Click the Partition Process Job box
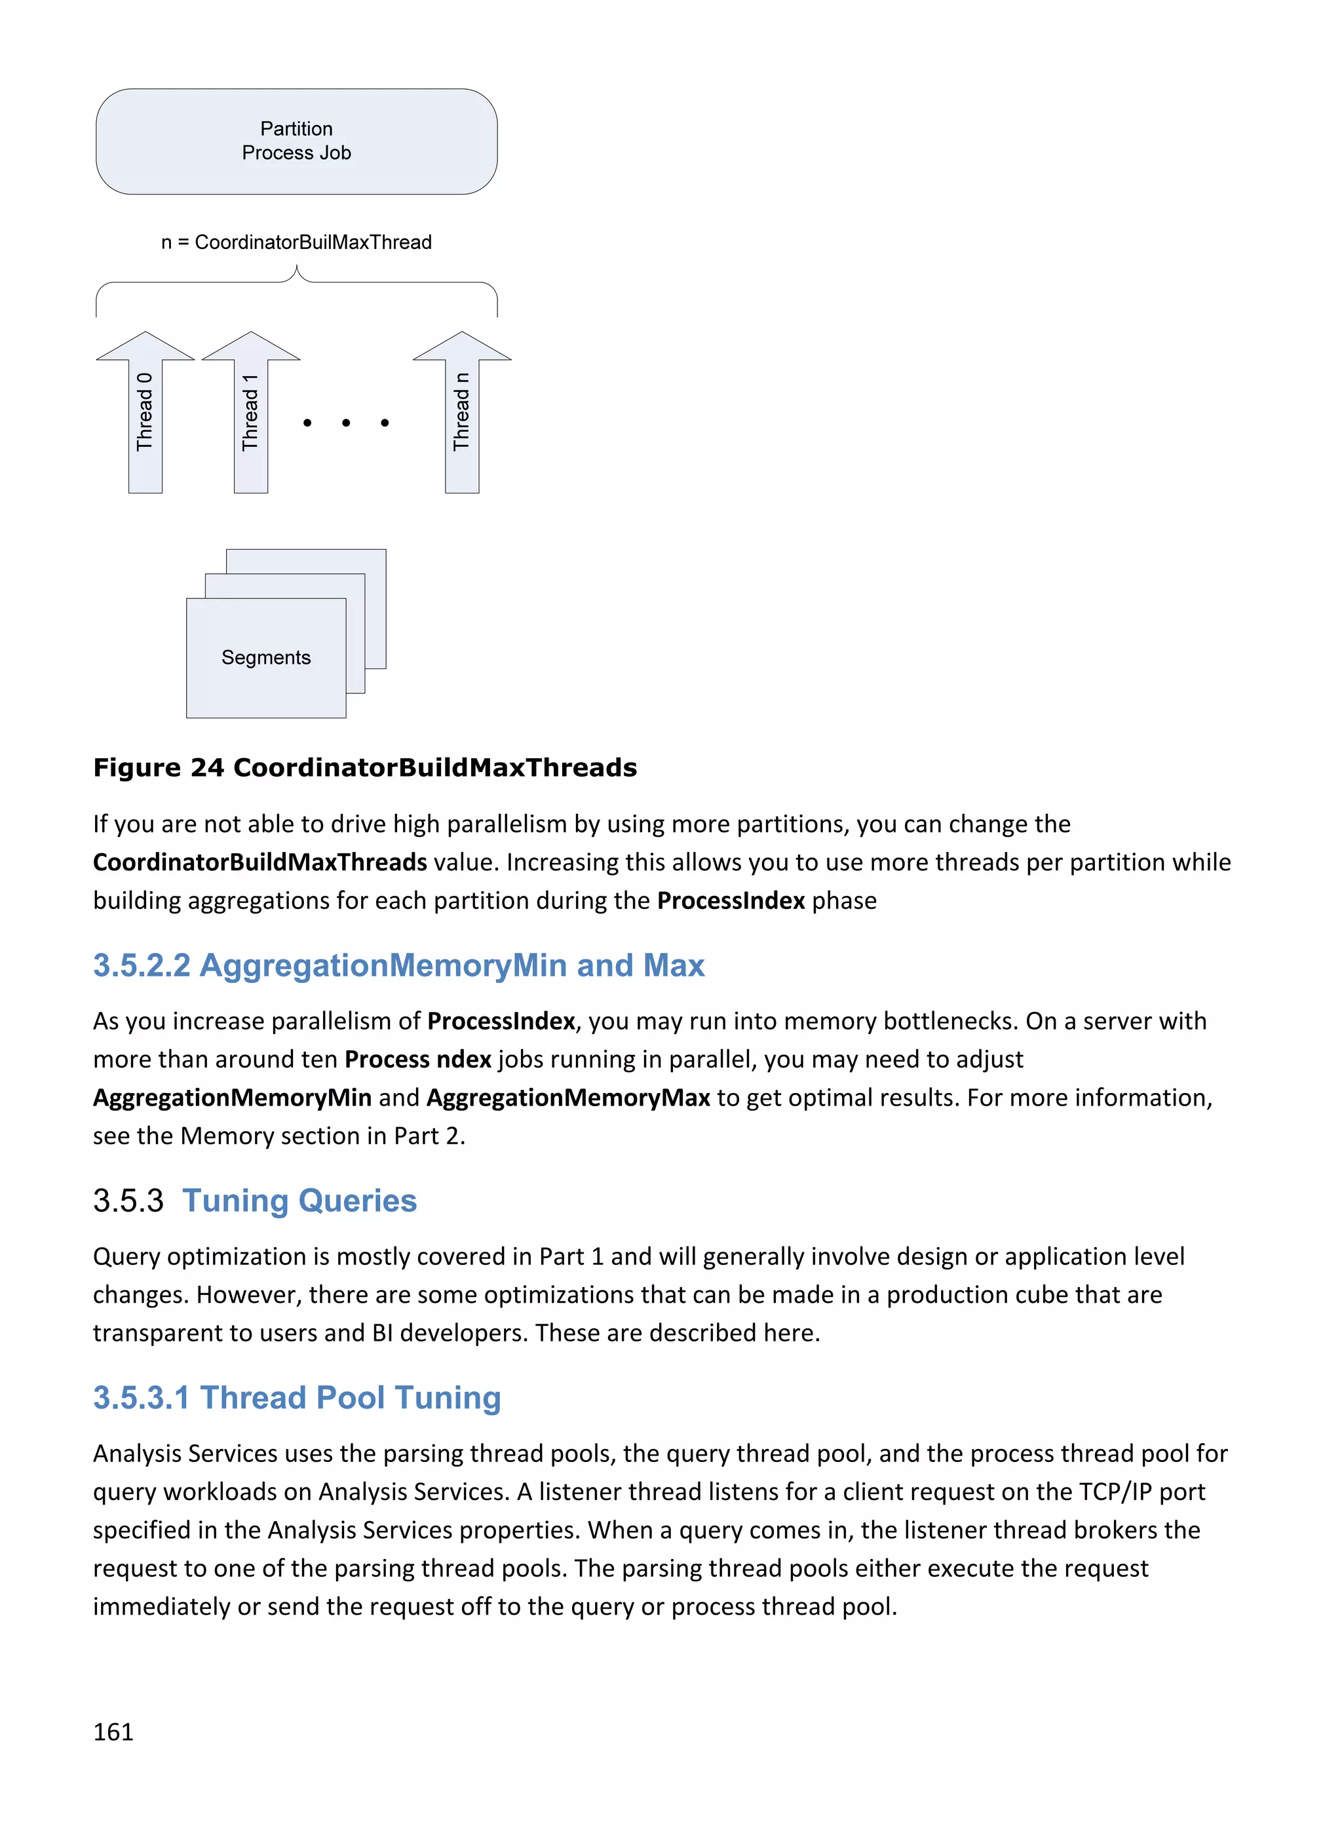[296, 142]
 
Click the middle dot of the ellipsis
[346, 423]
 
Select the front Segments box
[265, 657]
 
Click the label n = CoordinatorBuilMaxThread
[296, 242]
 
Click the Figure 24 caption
[365, 767]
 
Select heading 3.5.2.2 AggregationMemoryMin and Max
[398, 965]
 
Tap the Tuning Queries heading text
[299, 1201]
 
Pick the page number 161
[113, 1731]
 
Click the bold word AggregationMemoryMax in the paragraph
[568, 1098]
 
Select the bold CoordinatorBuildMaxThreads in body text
[260, 862]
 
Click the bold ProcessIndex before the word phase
[730, 900]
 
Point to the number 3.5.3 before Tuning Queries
[128, 1201]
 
